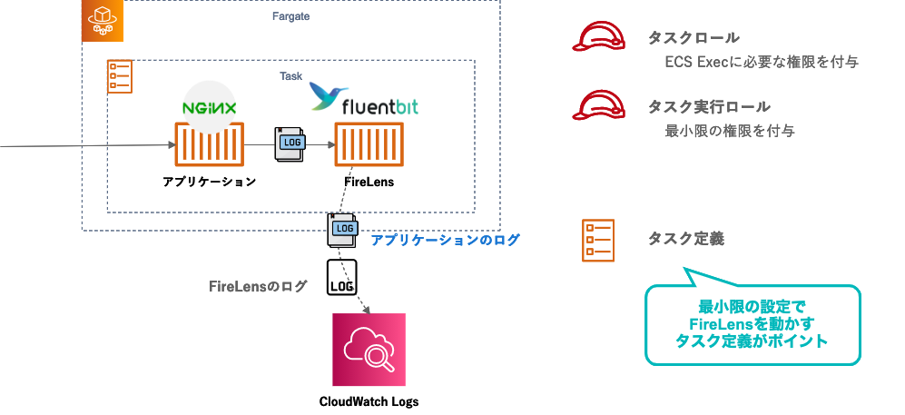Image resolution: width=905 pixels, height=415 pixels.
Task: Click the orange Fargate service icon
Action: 102,20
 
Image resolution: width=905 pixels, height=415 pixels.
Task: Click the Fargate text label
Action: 290,15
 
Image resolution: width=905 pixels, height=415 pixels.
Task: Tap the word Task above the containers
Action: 290,76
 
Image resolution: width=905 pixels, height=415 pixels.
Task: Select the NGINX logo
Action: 210,107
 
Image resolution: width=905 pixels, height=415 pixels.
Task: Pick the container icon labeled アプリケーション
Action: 209,145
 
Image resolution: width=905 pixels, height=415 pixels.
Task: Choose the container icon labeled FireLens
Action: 368,145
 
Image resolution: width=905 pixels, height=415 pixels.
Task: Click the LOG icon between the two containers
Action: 290,144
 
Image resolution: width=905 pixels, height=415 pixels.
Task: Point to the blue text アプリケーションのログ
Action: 445,241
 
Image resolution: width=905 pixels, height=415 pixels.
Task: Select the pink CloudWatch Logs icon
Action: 369,349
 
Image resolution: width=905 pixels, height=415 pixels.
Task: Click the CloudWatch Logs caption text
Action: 369,400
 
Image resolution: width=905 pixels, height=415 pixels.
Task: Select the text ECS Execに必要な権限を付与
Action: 762,63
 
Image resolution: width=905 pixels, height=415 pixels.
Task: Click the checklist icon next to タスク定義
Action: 598,240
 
